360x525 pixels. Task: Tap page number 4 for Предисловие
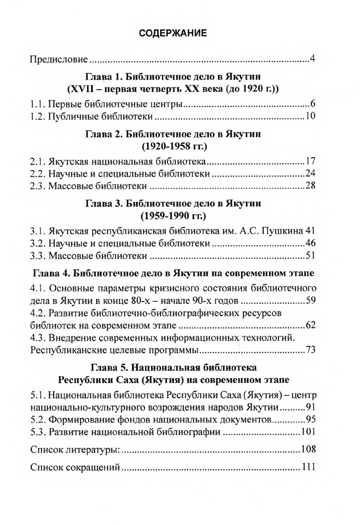(313, 60)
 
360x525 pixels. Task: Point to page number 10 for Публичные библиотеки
(311, 116)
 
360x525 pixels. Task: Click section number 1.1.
(37, 104)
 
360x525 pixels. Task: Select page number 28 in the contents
(311, 186)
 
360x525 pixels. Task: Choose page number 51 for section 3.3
(311, 256)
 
